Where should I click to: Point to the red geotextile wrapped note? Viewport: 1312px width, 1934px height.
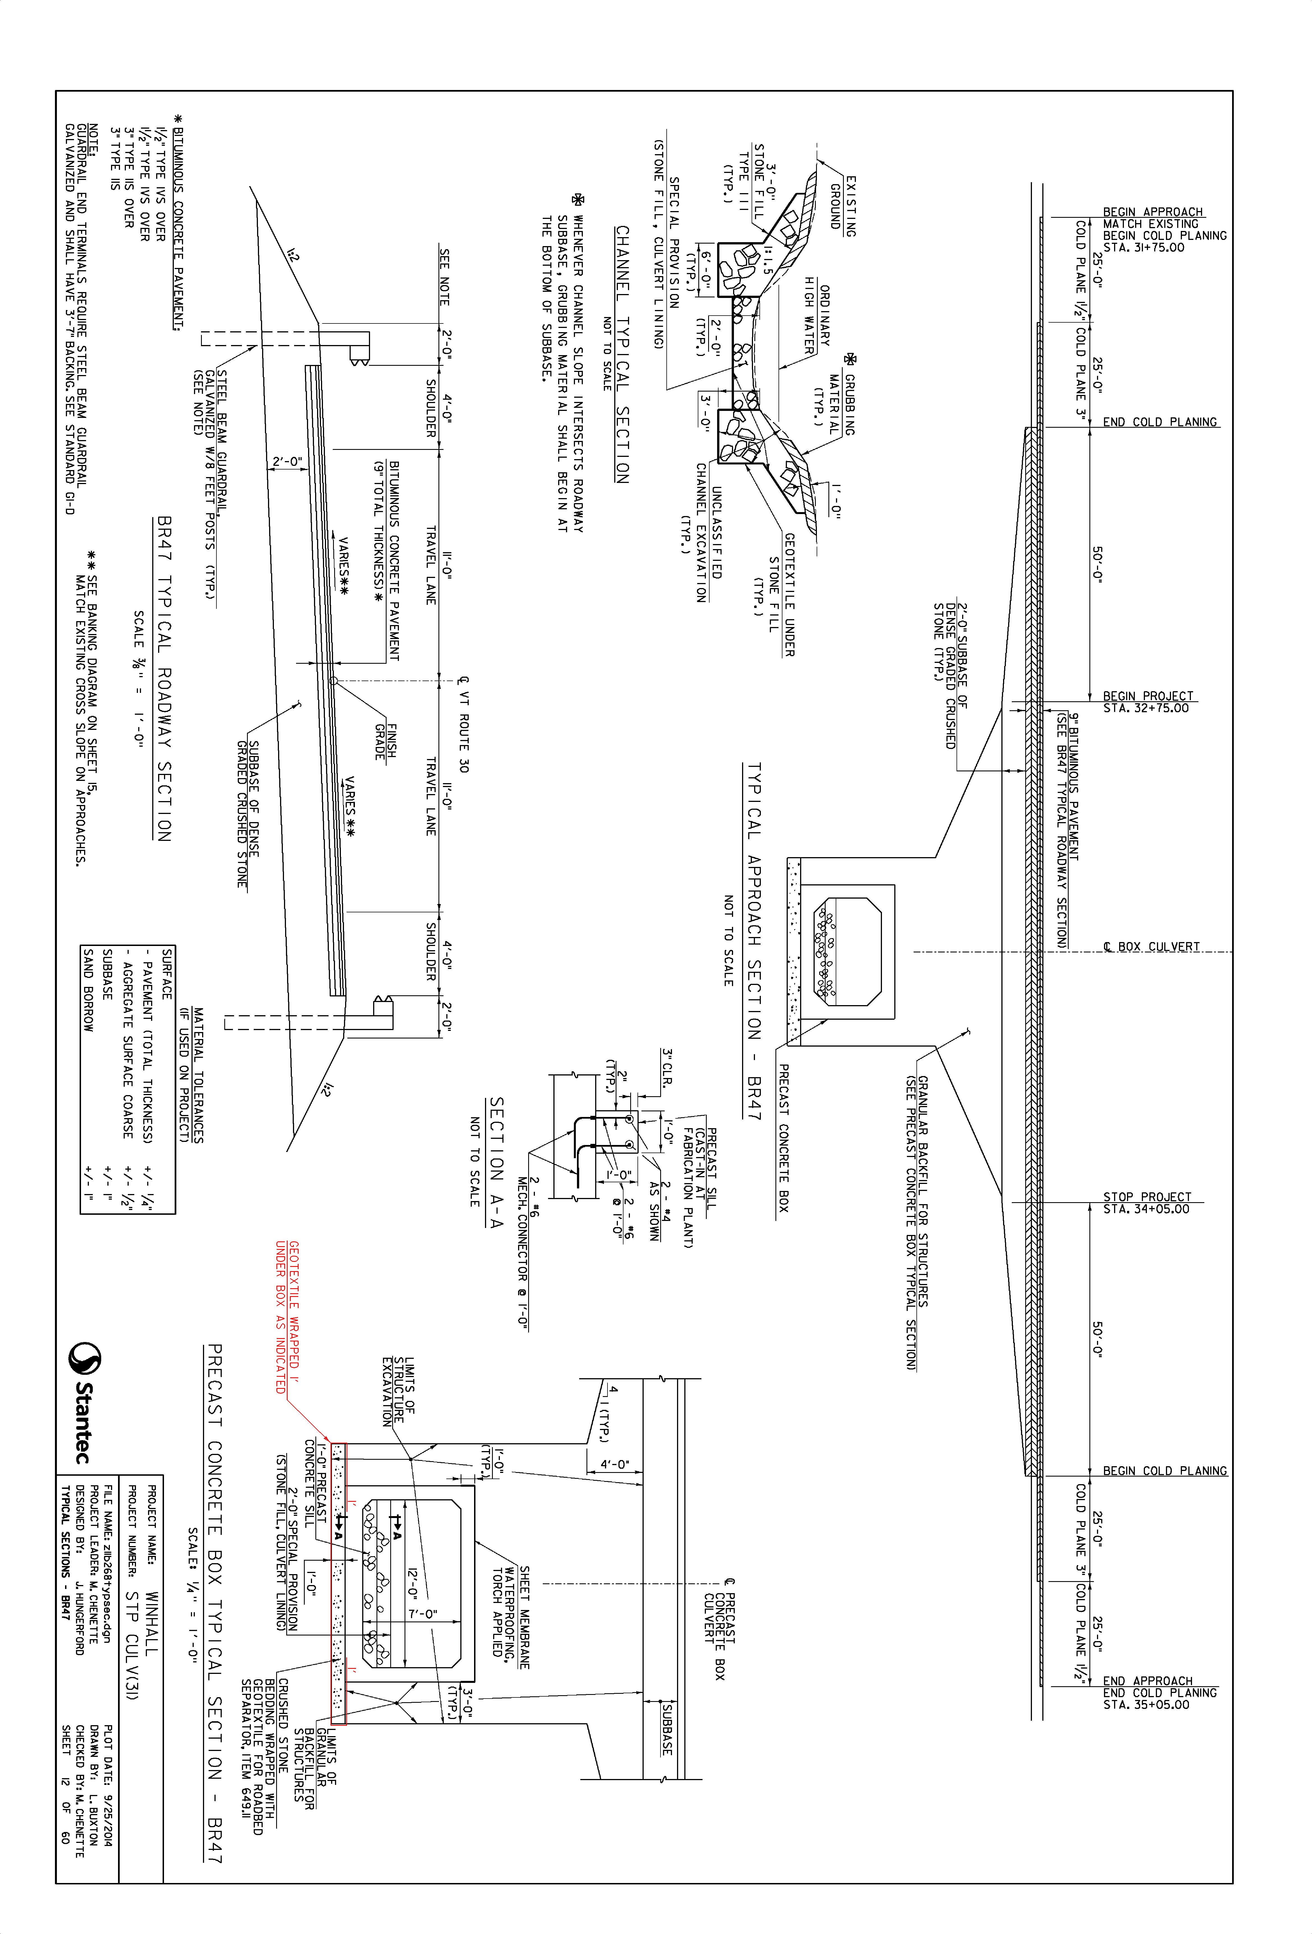click(287, 1317)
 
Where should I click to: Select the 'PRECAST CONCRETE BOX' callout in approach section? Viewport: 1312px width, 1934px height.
click(782, 1136)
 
